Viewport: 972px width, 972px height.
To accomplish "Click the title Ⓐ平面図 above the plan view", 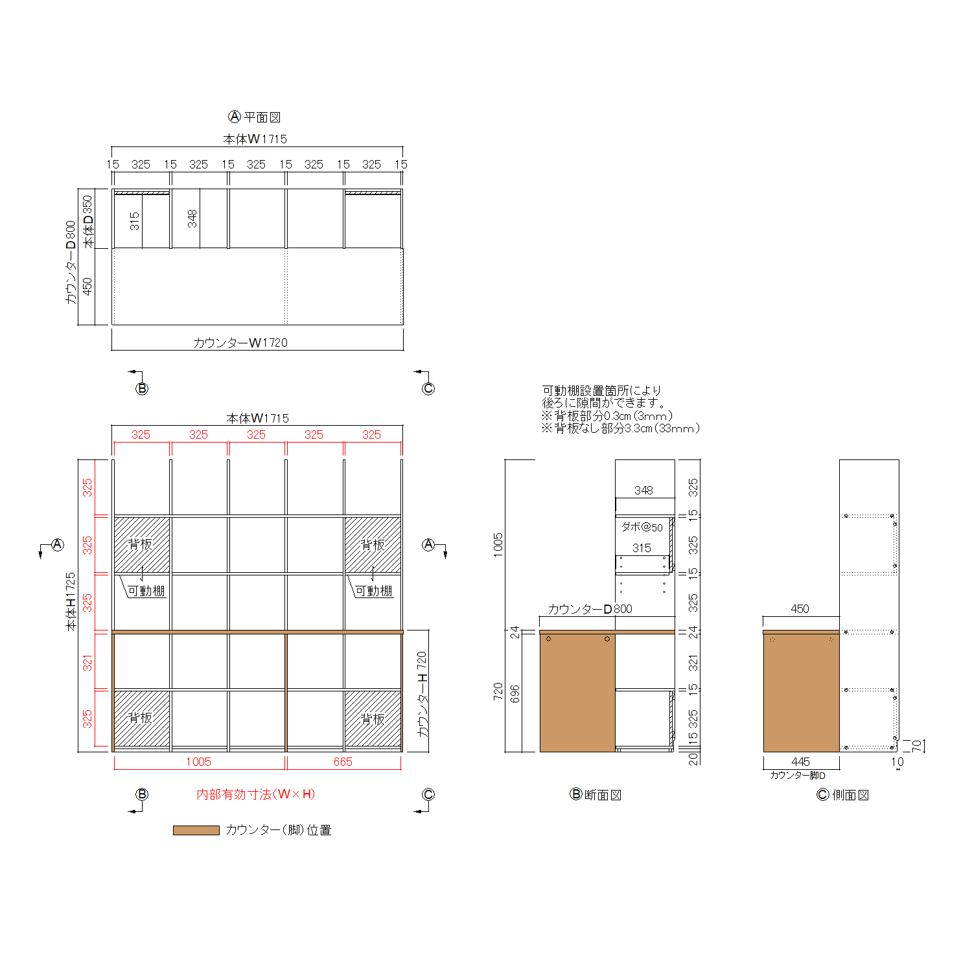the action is coord(255,117).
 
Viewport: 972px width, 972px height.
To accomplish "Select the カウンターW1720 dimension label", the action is coord(240,343).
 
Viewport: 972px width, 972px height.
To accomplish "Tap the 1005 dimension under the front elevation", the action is coord(198,762).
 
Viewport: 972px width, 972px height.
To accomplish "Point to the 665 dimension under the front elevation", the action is coord(343,762).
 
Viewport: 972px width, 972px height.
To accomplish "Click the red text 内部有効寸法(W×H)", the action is coord(256,794).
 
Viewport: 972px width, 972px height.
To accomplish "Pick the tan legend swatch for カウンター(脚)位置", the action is coord(196,830).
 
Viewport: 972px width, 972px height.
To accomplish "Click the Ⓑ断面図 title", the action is coord(596,794).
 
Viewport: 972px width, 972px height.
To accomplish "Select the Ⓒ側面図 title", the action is coord(842,795).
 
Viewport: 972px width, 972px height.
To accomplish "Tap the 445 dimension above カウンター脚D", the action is coord(800,762).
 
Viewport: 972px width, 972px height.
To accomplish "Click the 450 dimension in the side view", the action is coord(800,609).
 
